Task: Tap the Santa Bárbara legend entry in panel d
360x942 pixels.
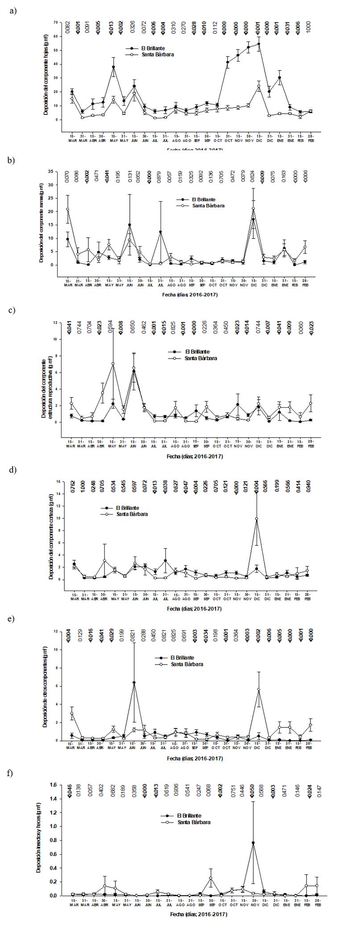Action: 132,514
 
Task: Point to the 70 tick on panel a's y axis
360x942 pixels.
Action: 56,22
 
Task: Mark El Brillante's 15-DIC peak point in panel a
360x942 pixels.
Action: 259,44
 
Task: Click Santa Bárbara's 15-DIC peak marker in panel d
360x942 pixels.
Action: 257,519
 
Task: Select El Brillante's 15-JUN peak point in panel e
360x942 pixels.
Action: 134,682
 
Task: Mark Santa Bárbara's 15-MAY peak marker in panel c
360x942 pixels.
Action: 113,364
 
